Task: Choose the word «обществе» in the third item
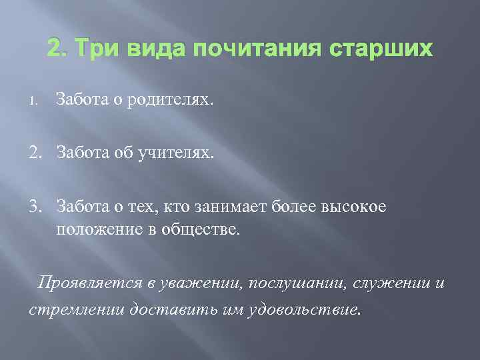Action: click(x=207, y=229)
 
